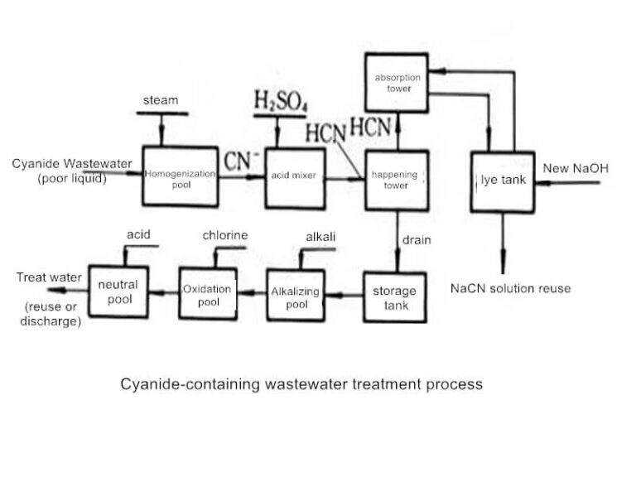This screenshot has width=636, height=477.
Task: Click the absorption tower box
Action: [397, 83]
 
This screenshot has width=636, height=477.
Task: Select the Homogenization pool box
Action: [181, 176]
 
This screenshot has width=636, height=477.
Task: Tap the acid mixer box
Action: [293, 176]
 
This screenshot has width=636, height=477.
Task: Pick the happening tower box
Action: [397, 181]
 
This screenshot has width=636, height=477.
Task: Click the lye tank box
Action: [502, 181]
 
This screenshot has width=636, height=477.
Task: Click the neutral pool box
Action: [118, 291]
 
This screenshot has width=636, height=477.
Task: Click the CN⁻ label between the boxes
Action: [241, 160]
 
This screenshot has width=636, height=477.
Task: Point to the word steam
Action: [160, 100]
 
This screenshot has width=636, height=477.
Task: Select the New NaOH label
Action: [575, 169]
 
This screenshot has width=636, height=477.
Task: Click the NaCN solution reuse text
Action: [510, 289]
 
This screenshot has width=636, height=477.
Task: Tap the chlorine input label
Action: [224, 235]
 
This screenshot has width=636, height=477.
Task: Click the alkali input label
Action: [320, 237]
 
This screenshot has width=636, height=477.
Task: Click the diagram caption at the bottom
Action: [301, 384]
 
